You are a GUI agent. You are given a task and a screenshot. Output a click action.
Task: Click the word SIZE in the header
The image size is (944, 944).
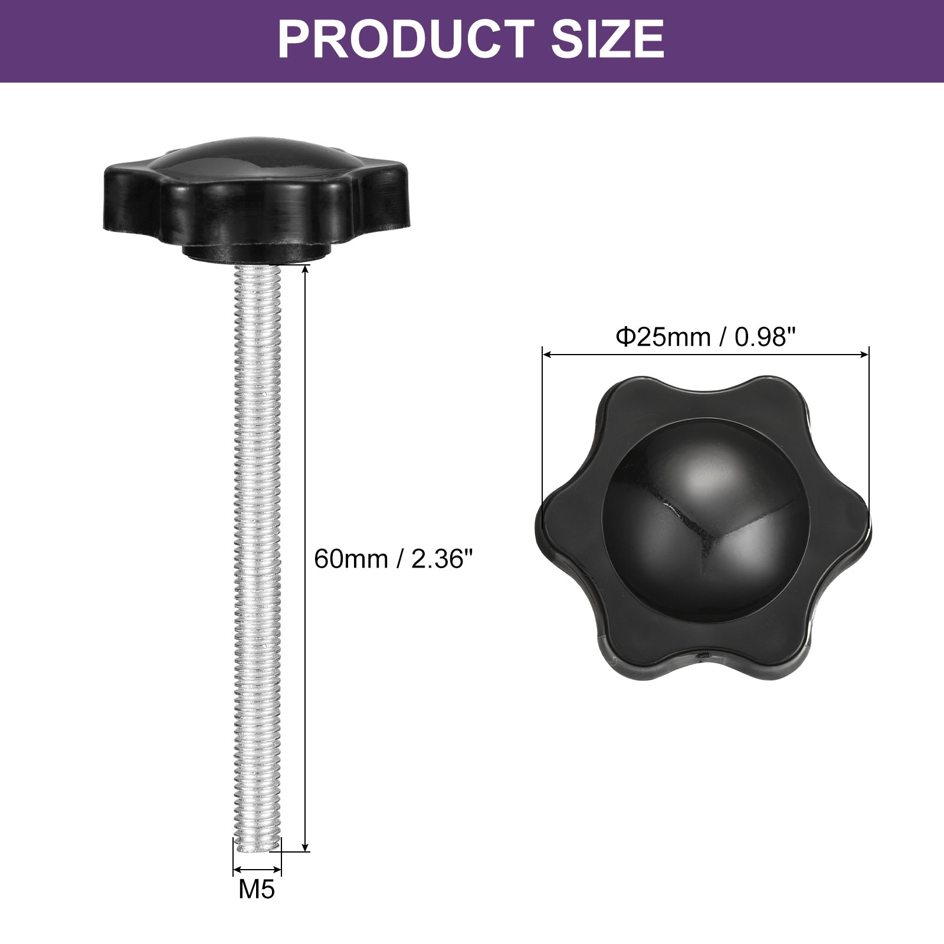coord(608,39)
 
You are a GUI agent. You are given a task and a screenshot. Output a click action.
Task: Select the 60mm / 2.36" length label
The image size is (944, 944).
coord(394,559)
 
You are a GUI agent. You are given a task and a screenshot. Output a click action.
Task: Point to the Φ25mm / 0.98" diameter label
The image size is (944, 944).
coord(706,337)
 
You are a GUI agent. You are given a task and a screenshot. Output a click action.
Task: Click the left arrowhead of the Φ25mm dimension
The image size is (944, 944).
coord(546,355)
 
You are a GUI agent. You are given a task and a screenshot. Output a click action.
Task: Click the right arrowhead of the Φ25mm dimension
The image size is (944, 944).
coord(865,355)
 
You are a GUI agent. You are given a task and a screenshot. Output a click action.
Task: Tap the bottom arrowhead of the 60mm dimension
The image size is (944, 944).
coord(305,846)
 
